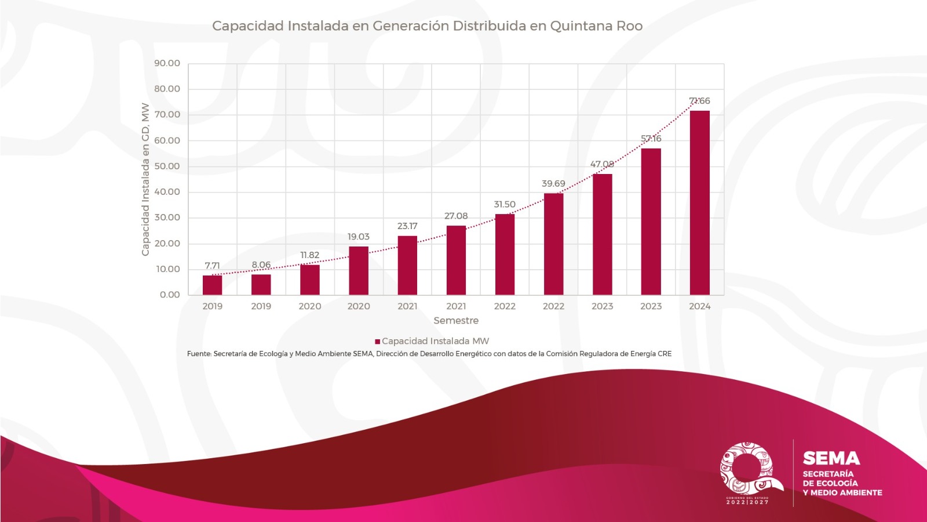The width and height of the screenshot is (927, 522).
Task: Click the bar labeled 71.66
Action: [x=699, y=203]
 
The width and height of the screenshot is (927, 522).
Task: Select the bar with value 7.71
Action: [x=212, y=285]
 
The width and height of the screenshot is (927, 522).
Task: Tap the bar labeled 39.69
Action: [x=553, y=244]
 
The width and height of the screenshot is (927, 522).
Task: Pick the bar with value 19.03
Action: [x=359, y=271]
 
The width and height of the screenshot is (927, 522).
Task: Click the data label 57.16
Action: [x=651, y=139]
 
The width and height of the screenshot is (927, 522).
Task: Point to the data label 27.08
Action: [x=456, y=216]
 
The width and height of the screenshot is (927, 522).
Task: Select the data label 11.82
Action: [x=310, y=255]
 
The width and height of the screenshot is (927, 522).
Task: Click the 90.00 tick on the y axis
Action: [x=167, y=63]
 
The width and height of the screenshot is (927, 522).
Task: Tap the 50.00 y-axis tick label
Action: [x=167, y=166]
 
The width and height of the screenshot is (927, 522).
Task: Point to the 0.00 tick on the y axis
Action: [x=170, y=295]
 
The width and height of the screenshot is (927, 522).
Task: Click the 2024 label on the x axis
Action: [x=699, y=306]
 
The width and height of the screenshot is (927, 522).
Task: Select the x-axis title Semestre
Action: [x=456, y=321]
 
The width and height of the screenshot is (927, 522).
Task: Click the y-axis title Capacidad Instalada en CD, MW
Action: [x=145, y=179]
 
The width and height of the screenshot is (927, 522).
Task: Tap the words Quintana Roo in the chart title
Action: [x=596, y=26]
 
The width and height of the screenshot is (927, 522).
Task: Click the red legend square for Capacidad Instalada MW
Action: [x=377, y=342]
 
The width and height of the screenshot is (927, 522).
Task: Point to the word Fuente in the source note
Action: [x=199, y=354]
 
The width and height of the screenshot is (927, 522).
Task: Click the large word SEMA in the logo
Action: [x=831, y=459]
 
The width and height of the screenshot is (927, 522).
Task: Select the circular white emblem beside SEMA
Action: [x=747, y=469]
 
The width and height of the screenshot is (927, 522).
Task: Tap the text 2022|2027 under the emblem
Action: [x=747, y=502]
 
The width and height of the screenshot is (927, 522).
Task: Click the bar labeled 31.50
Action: [x=505, y=255]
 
